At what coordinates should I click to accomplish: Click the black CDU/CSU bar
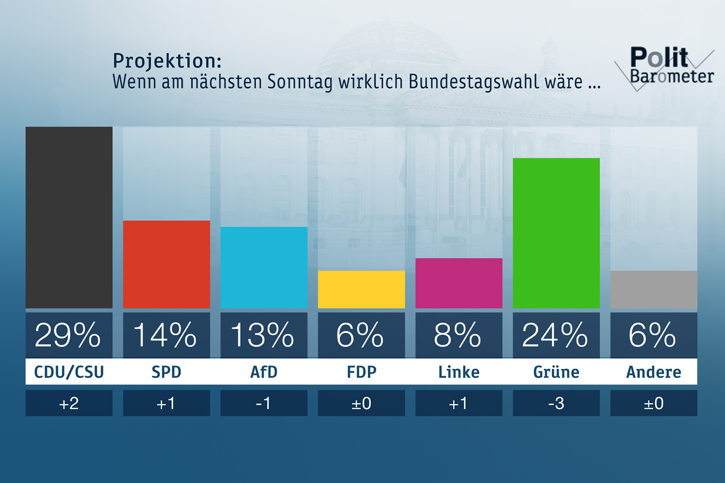coord(69,217)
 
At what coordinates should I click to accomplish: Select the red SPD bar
coord(166,264)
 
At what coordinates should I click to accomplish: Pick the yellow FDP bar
coord(361,289)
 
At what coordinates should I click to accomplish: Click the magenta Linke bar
coord(459,283)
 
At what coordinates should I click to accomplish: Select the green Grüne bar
coord(556,233)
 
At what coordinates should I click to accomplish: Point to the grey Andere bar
coord(653,289)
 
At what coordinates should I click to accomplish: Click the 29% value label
coord(68,335)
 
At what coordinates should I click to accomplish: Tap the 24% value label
coord(555,335)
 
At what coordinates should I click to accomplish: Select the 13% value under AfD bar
coord(263,335)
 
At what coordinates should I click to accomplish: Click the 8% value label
coord(458,335)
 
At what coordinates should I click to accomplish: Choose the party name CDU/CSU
coord(69,372)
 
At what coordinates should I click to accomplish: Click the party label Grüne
coord(556,372)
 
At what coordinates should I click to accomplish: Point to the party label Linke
coord(459,372)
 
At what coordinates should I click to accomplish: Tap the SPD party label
coord(166,372)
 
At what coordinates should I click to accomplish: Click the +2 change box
coord(69,403)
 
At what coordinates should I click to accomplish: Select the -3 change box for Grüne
coord(556,403)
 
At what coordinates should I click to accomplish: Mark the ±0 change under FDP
coord(361,403)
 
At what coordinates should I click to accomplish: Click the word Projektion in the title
coord(167,61)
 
